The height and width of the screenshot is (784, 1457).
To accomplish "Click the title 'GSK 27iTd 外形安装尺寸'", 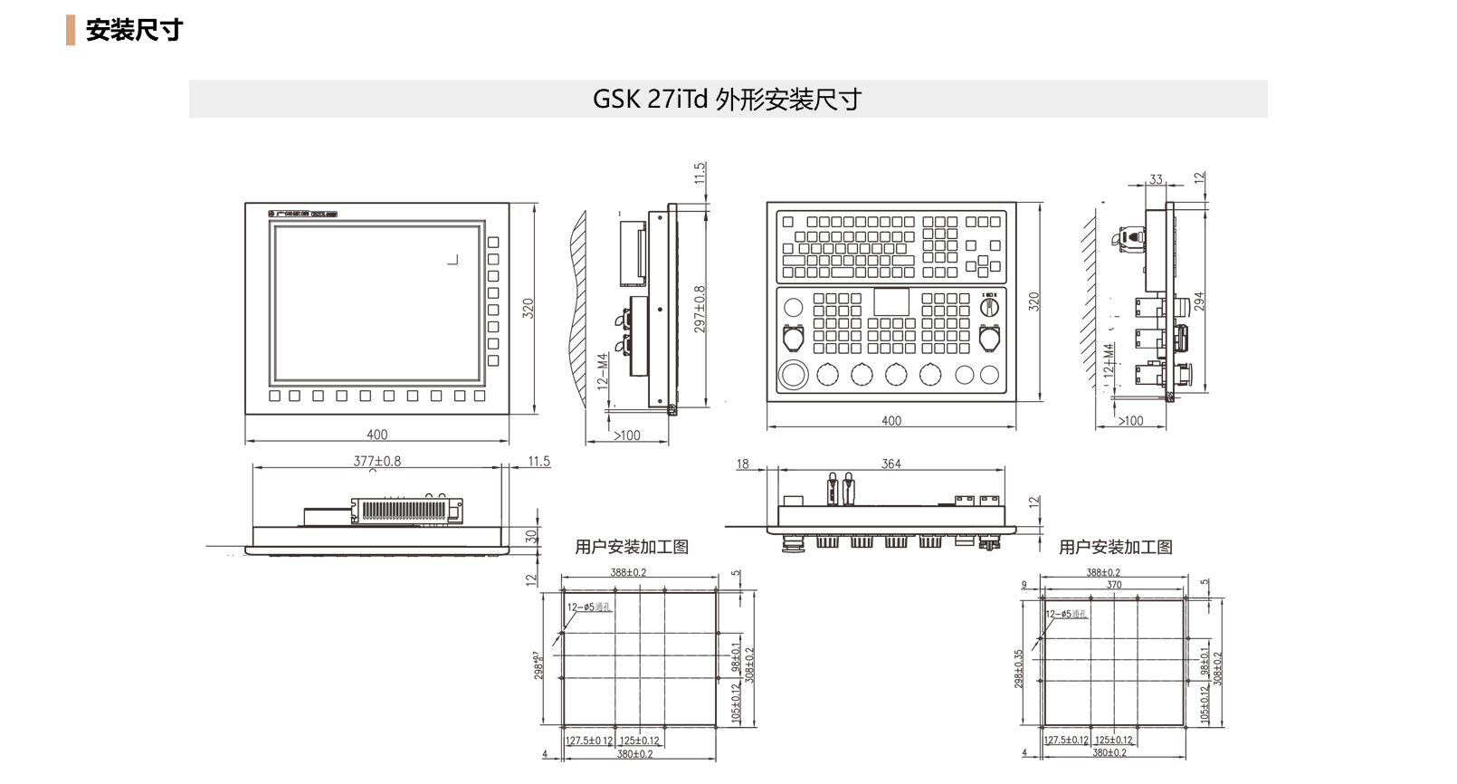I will (x=727, y=99).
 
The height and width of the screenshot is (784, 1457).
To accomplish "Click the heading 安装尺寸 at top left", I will (x=134, y=30).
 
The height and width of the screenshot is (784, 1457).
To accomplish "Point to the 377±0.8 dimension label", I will (x=376, y=461).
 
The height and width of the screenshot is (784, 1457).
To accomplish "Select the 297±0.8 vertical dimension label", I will (x=700, y=309).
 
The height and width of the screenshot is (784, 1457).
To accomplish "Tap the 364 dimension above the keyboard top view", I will (x=891, y=464).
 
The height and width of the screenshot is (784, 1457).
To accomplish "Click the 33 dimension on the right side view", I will (x=1156, y=179).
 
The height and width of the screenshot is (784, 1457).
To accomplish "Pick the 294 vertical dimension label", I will (x=1199, y=301).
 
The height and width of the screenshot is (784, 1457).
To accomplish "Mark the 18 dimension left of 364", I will (x=742, y=464).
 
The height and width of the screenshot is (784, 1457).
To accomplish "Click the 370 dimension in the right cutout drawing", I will (x=1114, y=585).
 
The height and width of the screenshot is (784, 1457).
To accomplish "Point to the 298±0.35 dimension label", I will (x=1018, y=668).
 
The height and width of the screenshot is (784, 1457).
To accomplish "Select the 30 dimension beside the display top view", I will (x=531, y=535).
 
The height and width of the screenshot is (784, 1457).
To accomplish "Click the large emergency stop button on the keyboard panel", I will (x=794, y=374).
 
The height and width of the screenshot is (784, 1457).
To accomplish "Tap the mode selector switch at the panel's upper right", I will (x=990, y=306).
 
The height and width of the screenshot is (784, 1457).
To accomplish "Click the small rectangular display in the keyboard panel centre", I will (x=891, y=302).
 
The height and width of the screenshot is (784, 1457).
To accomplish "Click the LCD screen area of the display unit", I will (x=376, y=303).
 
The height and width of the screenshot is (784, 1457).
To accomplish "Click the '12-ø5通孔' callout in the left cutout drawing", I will (x=589, y=607).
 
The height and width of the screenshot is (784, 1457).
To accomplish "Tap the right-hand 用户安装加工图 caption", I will (x=1115, y=547).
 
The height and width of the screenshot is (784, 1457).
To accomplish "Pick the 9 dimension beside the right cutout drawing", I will (x=1024, y=585).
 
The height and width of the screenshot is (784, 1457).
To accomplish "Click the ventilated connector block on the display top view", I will (x=406, y=511).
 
